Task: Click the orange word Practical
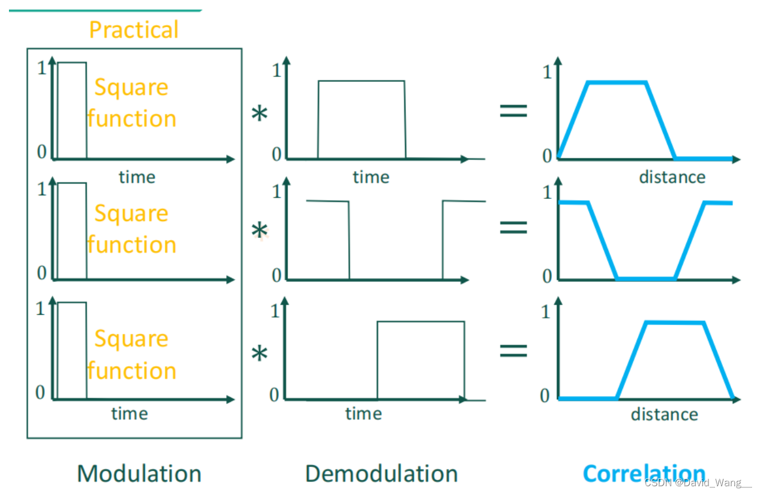[x=134, y=30]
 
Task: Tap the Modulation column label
[x=139, y=474]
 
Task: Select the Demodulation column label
[x=381, y=474]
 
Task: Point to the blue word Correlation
[x=643, y=474]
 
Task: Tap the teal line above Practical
[x=105, y=10]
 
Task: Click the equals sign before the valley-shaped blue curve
[x=513, y=226]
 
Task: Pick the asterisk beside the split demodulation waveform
[x=259, y=231]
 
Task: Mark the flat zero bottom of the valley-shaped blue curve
[x=645, y=278]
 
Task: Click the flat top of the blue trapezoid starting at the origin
[x=618, y=82]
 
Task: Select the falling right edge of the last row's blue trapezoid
[x=718, y=360]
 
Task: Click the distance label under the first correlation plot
[x=672, y=177]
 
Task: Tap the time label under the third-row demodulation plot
[x=363, y=414]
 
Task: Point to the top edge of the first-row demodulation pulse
[x=361, y=81]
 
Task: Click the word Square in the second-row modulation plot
[x=131, y=214]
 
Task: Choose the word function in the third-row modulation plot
[x=131, y=371]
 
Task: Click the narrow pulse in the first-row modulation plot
[x=72, y=111]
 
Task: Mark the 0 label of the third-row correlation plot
[x=545, y=395]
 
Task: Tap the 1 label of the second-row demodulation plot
[x=275, y=192]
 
